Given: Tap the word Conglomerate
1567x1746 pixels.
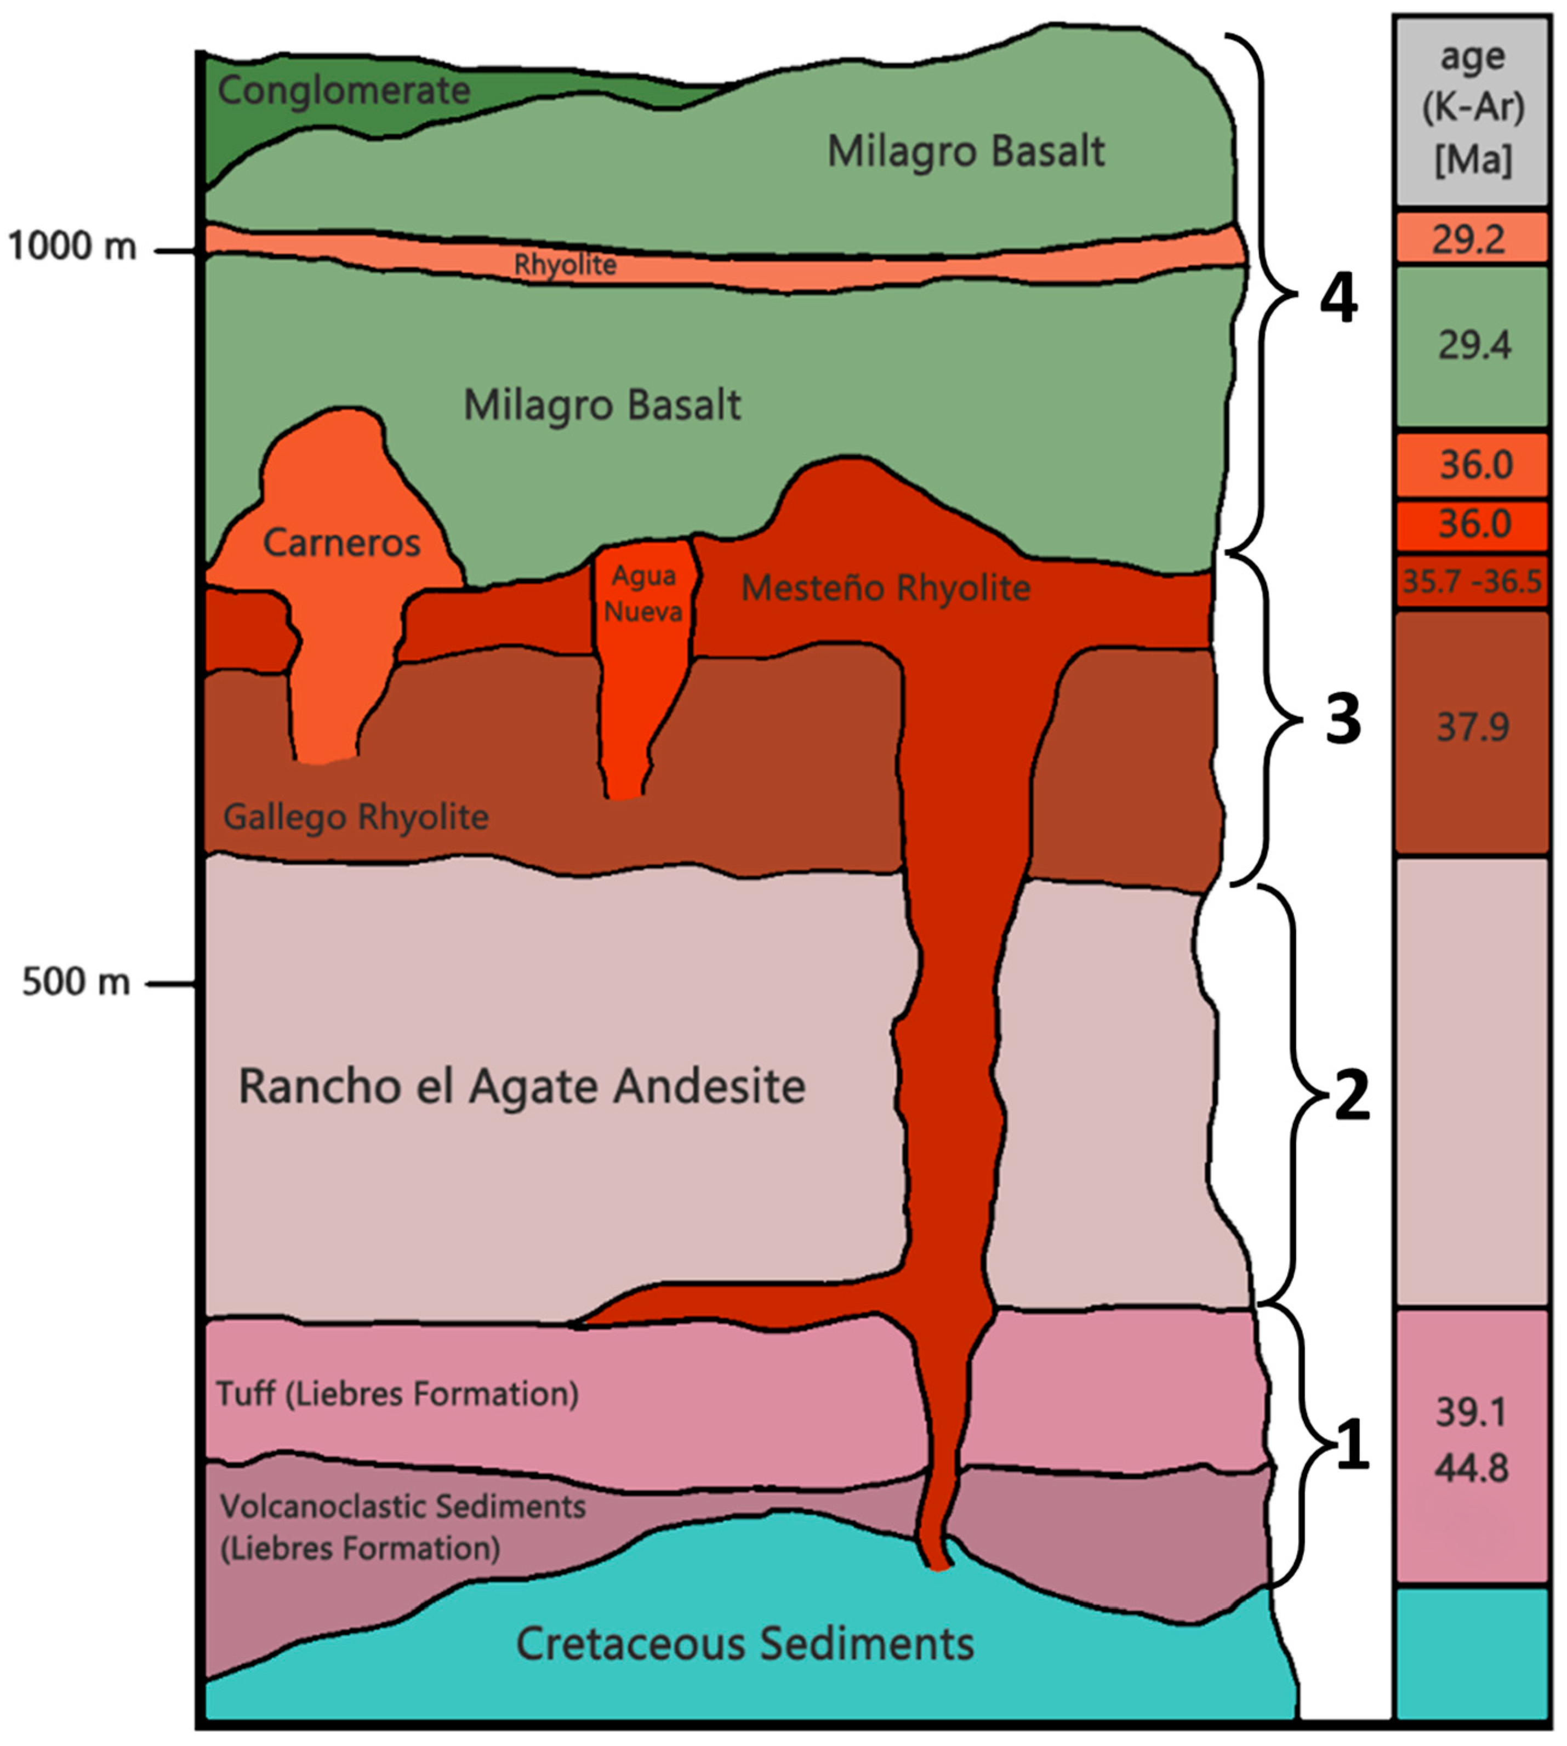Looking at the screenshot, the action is click(344, 90).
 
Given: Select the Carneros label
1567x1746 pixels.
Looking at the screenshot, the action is click(342, 543).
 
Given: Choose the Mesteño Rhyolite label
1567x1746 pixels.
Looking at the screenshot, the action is click(886, 588).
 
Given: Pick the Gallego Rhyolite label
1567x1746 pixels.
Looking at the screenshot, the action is click(356, 816).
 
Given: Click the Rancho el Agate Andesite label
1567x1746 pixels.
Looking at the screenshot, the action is click(522, 1086).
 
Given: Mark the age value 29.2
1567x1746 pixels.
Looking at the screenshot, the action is click(1469, 238).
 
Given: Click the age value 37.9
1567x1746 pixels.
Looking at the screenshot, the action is click(1472, 728).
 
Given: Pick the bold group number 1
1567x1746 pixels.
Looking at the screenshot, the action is click(1351, 1446).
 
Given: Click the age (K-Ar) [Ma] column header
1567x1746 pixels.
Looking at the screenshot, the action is click(1472, 110).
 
